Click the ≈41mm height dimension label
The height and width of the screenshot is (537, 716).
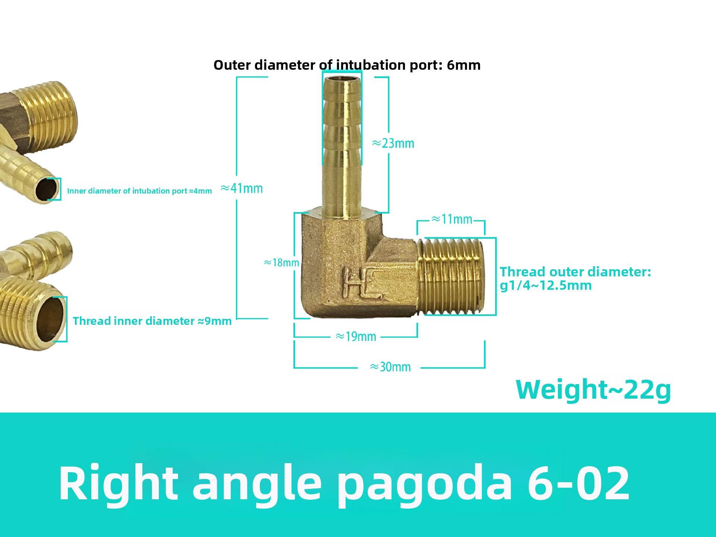(242, 188)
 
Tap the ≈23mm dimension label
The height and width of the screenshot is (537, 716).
(393, 143)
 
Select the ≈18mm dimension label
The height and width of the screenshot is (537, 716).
(282, 263)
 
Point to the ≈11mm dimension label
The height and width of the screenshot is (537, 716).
(452, 219)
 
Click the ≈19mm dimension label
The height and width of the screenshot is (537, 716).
(356, 337)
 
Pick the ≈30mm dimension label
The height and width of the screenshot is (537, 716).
(390, 367)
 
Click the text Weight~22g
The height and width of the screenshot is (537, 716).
(593, 390)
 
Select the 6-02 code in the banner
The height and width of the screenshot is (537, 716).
(578, 483)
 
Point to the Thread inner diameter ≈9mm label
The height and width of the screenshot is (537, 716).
(152, 321)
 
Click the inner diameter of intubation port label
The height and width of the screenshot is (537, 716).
(139, 191)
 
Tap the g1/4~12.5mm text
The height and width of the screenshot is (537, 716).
(546, 286)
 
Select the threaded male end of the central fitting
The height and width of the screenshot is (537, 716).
(453, 277)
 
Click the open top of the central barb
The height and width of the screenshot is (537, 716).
(342, 79)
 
